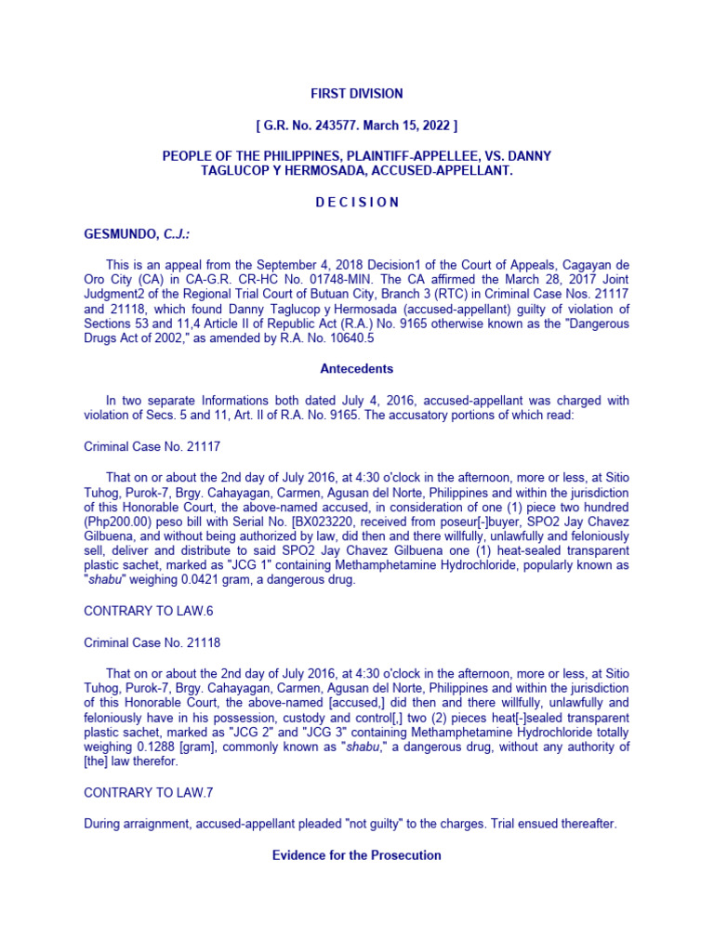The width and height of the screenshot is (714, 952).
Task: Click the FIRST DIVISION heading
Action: click(x=357, y=94)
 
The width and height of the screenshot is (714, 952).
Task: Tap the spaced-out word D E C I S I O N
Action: click(x=357, y=202)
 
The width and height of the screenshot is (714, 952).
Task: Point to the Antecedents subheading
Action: click(x=357, y=368)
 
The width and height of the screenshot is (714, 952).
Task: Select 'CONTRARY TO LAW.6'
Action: click(x=140, y=611)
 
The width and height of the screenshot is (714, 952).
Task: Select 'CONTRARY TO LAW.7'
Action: click(x=140, y=792)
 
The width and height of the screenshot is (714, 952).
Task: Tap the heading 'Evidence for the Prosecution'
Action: click(x=357, y=854)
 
